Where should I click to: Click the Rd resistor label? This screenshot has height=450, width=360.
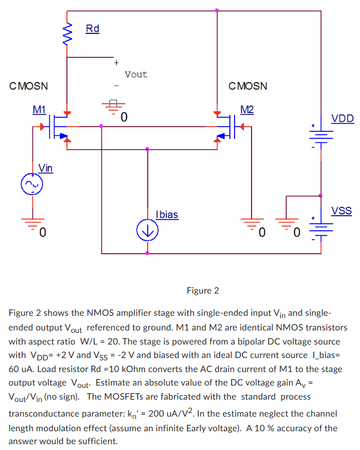coord(93,28)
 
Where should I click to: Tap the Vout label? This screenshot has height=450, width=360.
coord(136,74)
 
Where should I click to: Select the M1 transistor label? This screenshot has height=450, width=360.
coord(39,109)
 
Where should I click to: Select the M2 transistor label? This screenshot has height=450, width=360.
coord(247,109)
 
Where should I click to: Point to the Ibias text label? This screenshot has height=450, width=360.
coord(167,214)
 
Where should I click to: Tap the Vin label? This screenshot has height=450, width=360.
coord(45,168)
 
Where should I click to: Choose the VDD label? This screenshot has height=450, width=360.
coord(342,119)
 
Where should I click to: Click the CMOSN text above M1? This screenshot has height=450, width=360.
coord(29,86)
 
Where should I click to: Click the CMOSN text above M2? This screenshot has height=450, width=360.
coord(247,86)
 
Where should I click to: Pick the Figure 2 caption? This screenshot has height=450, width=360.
coord(202,291)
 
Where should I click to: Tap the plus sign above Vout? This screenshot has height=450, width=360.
coord(116,62)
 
